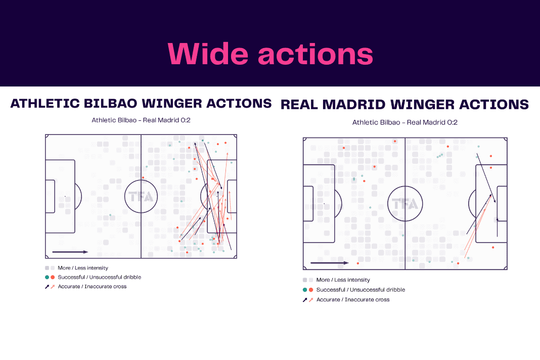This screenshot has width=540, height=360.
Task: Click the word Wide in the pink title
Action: (208, 54)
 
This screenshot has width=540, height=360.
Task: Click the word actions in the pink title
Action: (316, 55)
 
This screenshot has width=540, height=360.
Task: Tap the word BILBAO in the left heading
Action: (111, 103)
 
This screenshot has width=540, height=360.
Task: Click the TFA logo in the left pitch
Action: (141, 197)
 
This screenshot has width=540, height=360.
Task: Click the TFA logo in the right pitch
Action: (405, 204)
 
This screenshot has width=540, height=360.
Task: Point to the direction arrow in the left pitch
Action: (70, 252)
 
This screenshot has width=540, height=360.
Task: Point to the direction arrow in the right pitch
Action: (330, 263)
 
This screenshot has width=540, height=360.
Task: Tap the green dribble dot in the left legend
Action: (47, 277)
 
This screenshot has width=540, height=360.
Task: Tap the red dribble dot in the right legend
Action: (311, 290)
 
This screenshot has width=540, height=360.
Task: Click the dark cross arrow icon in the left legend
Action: (47, 287)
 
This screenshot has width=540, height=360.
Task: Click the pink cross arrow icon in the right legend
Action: (311, 300)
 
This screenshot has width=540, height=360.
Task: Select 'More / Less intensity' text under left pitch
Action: (83, 267)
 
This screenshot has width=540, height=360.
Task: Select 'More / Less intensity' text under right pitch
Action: (343, 280)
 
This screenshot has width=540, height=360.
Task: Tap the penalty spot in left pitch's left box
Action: (65, 196)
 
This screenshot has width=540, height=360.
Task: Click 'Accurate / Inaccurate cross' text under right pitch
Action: (353, 299)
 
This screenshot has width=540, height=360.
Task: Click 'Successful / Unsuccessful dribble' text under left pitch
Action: (100, 277)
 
